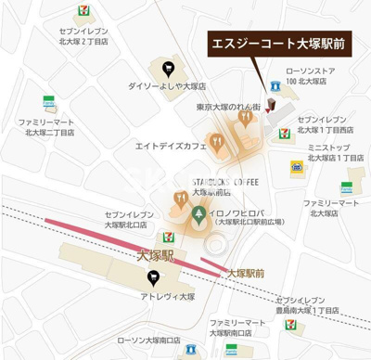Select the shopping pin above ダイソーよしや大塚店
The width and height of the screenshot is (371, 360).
tap(167, 67)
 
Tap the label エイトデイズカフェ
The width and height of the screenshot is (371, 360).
tap(170, 146)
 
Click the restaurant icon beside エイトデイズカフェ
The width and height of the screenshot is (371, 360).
tap(216, 142)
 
